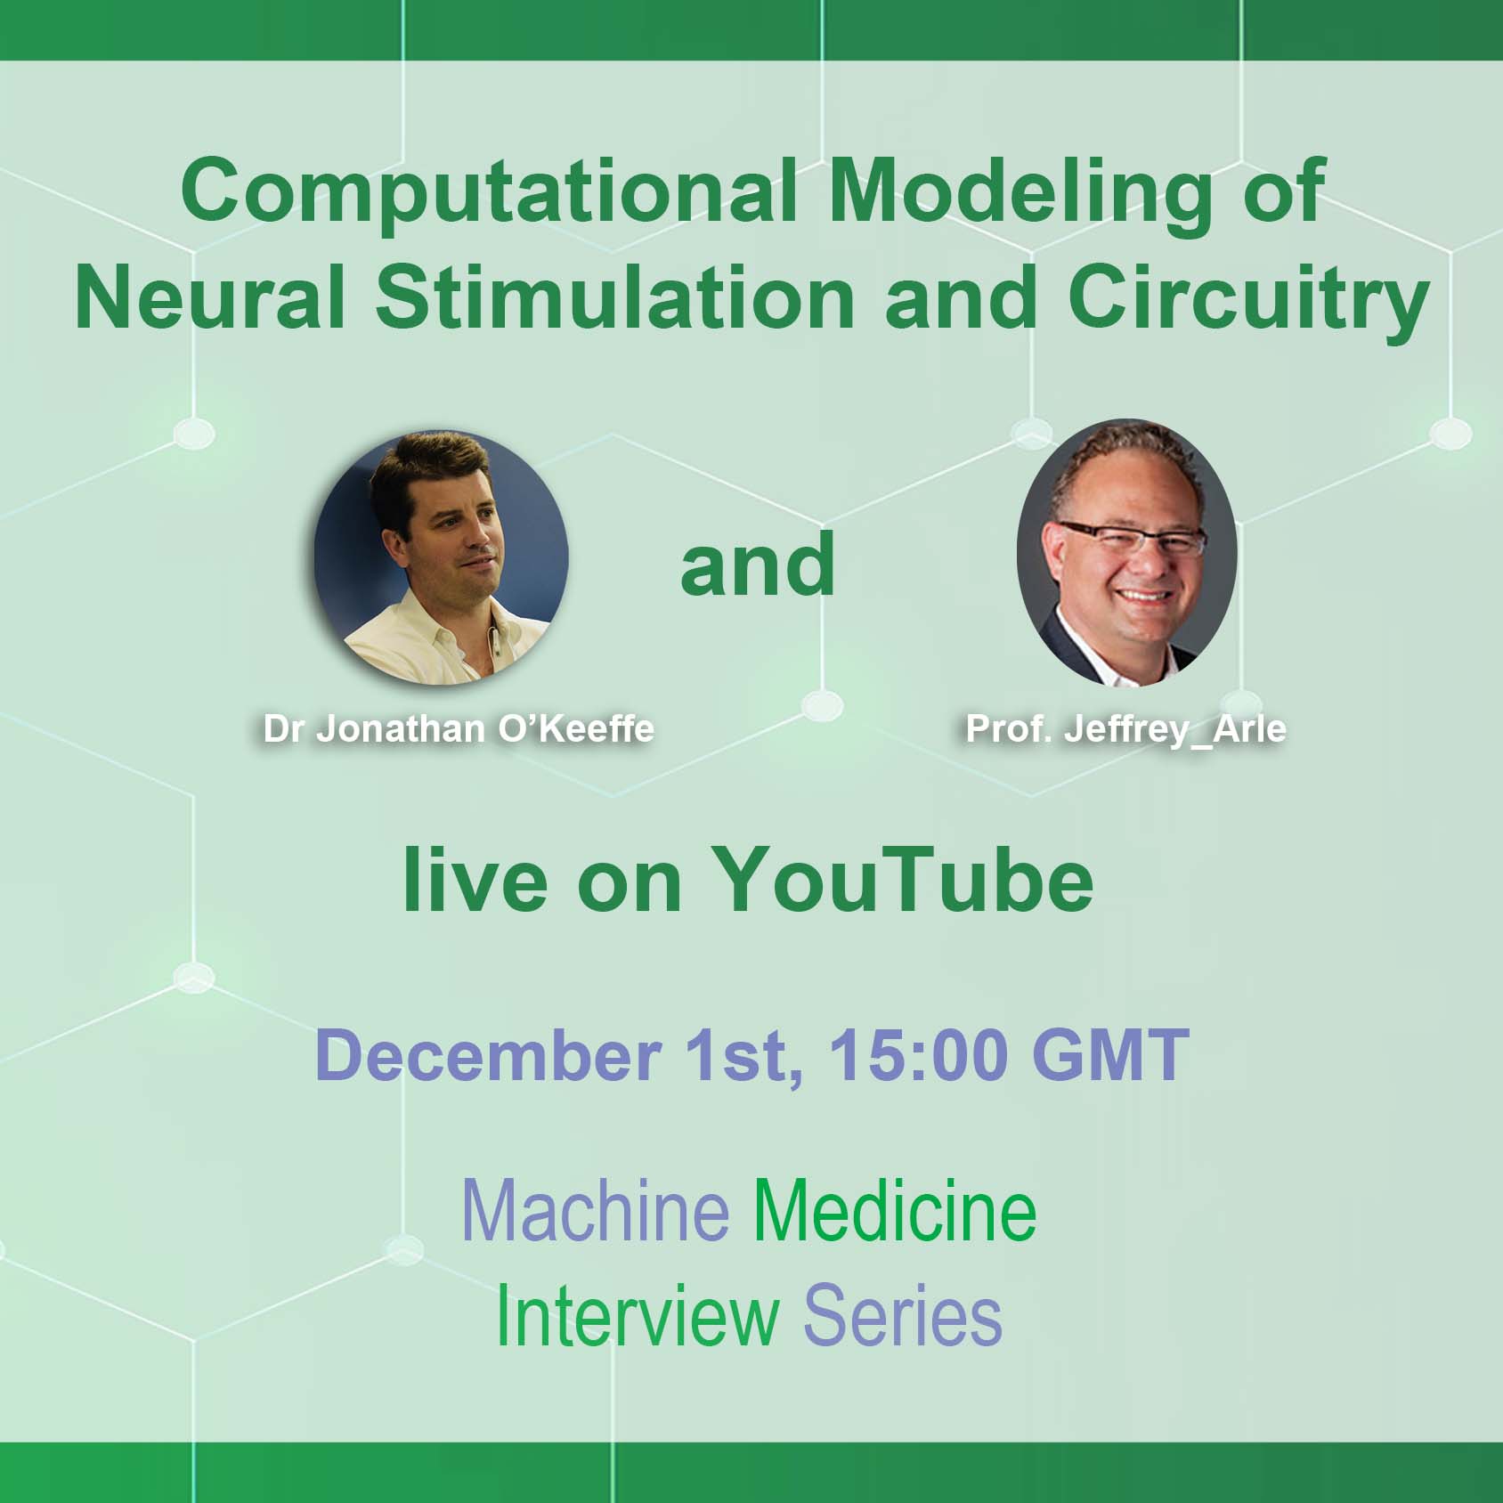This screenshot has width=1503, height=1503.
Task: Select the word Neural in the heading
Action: click(x=210, y=297)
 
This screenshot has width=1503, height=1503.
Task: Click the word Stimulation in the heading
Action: click(x=614, y=297)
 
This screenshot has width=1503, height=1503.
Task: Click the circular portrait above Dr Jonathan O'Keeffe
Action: click(x=441, y=558)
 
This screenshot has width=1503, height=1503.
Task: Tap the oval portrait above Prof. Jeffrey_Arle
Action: click(x=1127, y=553)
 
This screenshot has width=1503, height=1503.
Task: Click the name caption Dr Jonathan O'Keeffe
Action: click(x=459, y=729)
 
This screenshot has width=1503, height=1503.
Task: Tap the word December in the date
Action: click(x=488, y=1055)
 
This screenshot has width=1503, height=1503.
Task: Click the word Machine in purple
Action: click(x=596, y=1211)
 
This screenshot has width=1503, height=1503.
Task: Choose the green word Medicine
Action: click(x=896, y=1211)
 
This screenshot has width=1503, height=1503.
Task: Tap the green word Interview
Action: click(x=637, y=1316)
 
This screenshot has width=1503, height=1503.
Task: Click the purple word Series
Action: click(x=903, y=1316)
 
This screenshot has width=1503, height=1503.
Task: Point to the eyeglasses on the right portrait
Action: click(x=1131, y=538)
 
